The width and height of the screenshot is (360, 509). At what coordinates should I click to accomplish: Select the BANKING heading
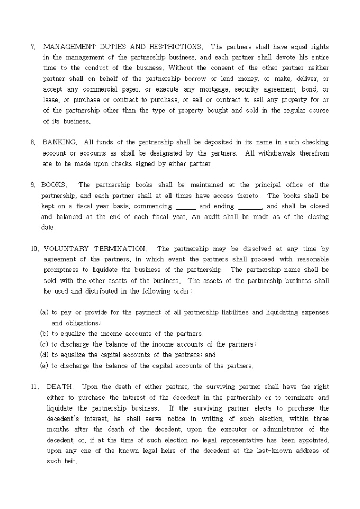[x=60, y=142]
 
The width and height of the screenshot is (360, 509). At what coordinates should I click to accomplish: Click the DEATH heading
[x=60, y=387]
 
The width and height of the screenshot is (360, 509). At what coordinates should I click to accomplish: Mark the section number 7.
[x=33, y=47]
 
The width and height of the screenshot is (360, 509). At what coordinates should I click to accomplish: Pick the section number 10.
[x=34, y=249]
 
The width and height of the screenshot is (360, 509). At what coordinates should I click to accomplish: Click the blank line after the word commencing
[x=185, y=206]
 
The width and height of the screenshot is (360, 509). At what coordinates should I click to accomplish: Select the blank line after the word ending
[x=250, y=206]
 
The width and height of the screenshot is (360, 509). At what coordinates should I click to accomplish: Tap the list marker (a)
[x=44, y=312]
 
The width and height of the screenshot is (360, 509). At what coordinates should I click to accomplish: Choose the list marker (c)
[x=44, y=344]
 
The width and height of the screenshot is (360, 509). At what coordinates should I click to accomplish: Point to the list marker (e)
[x=44, y=365]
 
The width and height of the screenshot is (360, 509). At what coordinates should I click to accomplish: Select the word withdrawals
[x=277, y=153]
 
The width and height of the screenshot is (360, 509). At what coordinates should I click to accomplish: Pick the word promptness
[x=62, y=270]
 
